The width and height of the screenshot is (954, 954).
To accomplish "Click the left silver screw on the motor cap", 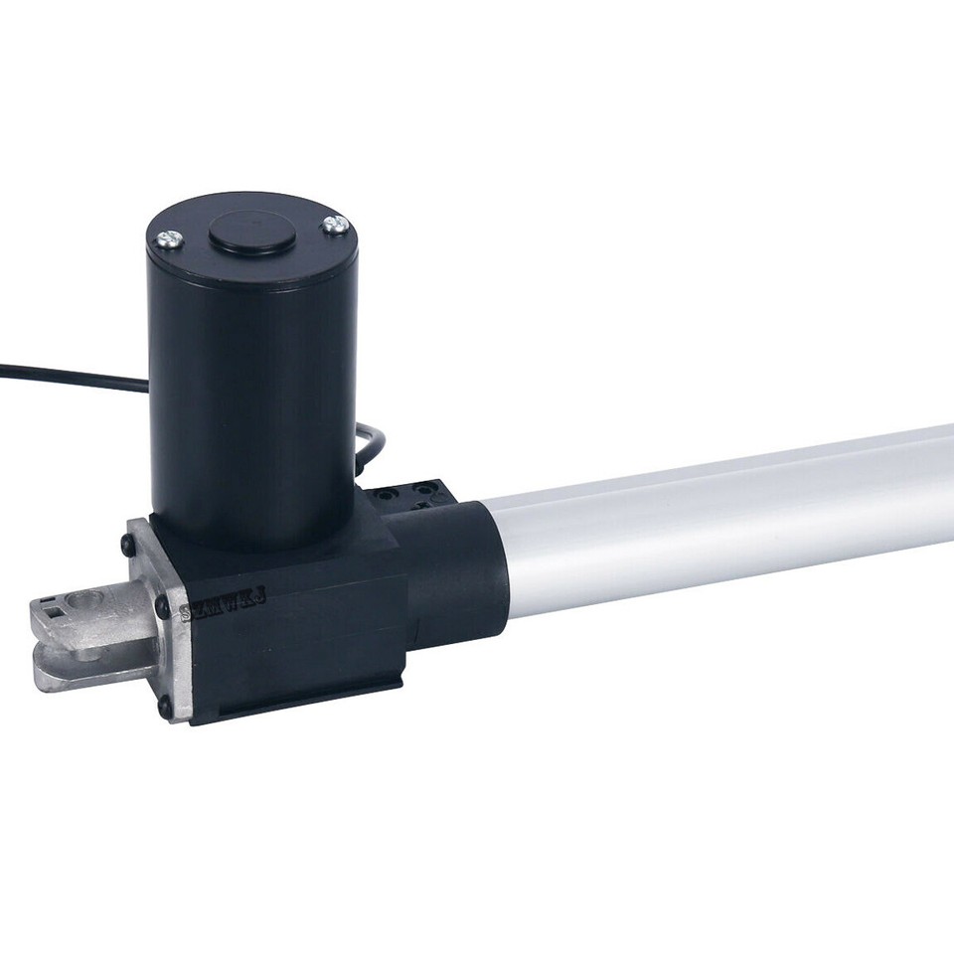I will click(x=169, y=238).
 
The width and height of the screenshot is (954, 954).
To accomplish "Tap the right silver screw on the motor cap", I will click(x=335, y=226).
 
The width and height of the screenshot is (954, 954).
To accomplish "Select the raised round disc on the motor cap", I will click(x=250, y=232).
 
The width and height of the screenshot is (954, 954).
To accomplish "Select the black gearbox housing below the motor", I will click(x=298, y=616).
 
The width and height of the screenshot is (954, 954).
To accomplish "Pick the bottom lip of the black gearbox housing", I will click(x=298, y=701).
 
